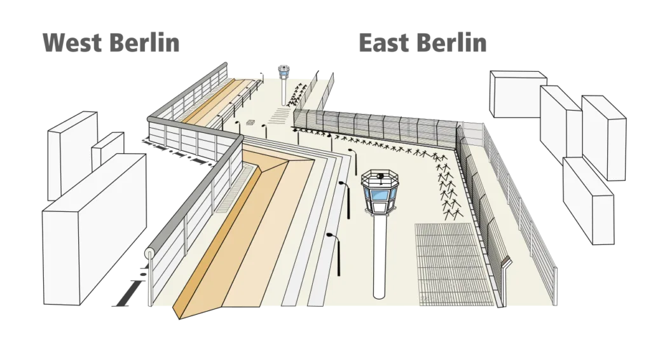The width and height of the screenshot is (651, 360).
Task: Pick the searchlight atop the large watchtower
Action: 379,176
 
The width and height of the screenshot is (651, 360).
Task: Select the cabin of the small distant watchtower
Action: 284,71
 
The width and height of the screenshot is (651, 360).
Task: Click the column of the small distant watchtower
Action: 284,92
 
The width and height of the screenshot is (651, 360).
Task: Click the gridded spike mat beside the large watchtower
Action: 453,265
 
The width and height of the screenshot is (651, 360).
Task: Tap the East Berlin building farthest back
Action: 518,94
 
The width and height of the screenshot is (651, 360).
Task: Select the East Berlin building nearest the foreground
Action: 588,200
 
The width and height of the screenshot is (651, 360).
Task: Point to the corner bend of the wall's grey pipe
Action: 239,137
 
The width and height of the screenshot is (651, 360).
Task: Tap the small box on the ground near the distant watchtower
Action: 250,123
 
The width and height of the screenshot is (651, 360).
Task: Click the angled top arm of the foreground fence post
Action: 507,262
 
